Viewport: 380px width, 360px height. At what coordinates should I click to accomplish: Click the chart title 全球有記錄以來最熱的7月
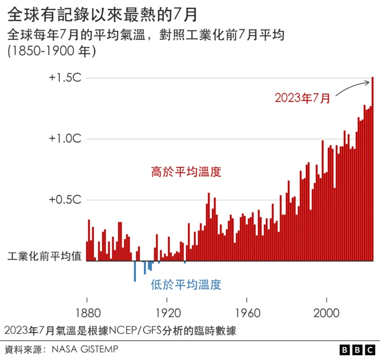[104, 13]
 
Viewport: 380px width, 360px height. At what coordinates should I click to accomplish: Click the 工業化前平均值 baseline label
[44, 258]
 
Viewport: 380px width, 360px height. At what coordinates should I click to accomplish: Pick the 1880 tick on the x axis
[87, 311]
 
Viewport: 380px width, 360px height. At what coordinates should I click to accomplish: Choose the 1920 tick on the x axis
[167, 311]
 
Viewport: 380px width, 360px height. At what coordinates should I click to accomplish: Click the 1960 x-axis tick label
[247, 311]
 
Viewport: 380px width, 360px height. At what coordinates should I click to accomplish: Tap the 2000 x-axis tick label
[327, 311]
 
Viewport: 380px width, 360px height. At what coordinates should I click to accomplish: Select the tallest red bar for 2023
[372, 169]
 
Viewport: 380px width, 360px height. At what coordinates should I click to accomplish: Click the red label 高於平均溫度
[186, 172]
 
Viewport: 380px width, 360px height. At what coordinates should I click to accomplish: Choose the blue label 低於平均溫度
[186, 285]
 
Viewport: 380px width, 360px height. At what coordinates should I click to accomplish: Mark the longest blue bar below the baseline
[135, 271]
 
